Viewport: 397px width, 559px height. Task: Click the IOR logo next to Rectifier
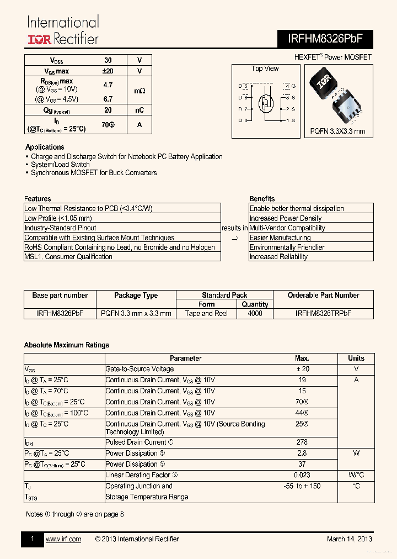[x=40, y=39]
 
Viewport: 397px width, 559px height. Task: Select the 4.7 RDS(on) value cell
[x=108, y=85]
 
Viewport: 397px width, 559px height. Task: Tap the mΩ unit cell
[x=140, y=90]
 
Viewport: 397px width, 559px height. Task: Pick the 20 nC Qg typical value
[x=108, y=110]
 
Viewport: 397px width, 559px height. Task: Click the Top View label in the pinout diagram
[x=265, y=68]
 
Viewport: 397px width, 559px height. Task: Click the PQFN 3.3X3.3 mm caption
[x=337, y=131]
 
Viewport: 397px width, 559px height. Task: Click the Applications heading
[x=45, y=147]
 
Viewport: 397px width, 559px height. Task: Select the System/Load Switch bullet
[x=60, y=165]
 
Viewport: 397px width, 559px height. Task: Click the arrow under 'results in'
[x=235, y=238]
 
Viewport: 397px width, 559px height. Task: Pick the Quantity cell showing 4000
[x=255, y=313]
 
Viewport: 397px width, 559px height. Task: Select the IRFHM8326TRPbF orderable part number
[x=323, y=313]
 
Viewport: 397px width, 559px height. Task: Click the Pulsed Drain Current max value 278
[x=302, y=442]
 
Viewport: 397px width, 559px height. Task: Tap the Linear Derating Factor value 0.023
[x=302, y=475]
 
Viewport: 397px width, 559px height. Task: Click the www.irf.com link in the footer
[x=63, y=539]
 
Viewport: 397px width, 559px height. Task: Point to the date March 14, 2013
[x=349, y=539]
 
